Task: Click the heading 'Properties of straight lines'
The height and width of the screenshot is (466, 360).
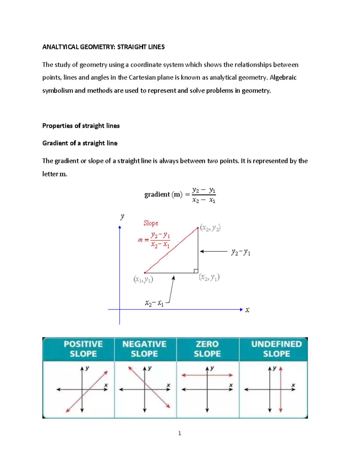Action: point(81,126)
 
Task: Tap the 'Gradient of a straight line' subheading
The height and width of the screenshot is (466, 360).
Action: point(80,143)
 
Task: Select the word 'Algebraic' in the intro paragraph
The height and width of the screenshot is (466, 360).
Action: point(283,78)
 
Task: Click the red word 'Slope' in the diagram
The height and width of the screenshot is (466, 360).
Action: point(151,223)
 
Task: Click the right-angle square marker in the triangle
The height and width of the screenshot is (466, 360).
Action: point(196,271)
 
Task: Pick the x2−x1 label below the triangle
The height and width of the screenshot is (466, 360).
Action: point(154,303)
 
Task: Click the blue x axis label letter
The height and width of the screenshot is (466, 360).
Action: point(247,310)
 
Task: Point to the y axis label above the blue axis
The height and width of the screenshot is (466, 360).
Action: point(122,216)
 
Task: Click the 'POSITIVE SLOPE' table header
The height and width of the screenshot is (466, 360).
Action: point(83,349)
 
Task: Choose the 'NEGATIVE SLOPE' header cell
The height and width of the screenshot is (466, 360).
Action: point(144,349)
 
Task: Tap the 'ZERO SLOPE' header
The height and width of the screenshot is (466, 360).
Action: point(207,349)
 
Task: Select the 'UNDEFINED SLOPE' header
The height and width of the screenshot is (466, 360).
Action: point(276,349)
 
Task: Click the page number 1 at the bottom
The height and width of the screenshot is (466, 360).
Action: point(179,433)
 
